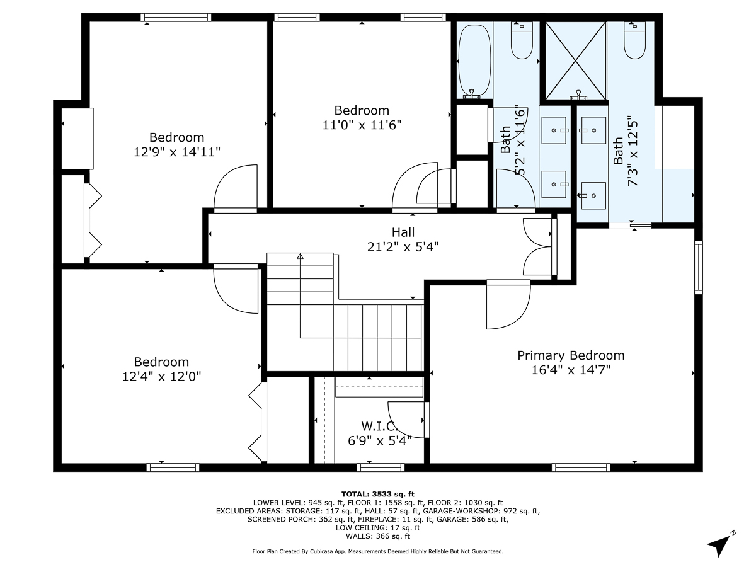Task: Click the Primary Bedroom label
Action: tap(571, 355)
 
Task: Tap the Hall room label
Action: tap(403, 232)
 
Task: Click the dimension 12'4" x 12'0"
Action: tap(161, 376)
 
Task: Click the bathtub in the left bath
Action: tap(473, 60)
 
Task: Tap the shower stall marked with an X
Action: tap(576, 60)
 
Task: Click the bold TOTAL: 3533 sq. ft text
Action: tap(378, 494)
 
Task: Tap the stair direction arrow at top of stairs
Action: tap(301, 256)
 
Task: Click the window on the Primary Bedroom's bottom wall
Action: tap(581, 467)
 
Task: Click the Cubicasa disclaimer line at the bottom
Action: tap(378, 551)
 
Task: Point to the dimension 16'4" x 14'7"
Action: tap(571, 370)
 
